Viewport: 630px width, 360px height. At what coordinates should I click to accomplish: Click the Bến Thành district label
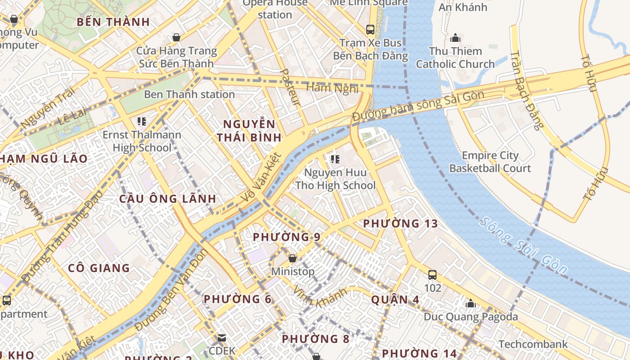point(113,22)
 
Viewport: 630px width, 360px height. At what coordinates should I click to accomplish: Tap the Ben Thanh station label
point(189,94)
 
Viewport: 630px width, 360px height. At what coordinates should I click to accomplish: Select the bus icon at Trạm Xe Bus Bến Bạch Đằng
point(370,30)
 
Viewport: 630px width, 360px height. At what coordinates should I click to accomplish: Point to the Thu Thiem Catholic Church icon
point(455,38)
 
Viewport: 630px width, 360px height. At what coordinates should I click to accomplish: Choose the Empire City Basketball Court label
point(490,162)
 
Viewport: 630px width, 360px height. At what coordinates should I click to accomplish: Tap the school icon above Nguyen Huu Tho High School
point(335,159)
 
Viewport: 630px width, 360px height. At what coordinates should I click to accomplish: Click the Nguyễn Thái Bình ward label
point(249,130)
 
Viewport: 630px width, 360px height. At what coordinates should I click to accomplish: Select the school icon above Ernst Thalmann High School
point(142,121)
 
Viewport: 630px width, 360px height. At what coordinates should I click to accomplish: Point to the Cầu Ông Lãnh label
point(167,199)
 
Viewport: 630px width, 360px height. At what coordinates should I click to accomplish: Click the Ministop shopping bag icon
point(292,258)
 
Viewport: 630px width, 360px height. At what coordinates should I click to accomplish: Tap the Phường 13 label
point(400,224)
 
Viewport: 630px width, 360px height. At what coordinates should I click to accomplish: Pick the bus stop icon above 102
point(432,274)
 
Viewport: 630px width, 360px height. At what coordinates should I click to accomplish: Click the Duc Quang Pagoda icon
point(471,304)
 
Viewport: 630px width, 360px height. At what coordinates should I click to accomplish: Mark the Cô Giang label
point(99,268)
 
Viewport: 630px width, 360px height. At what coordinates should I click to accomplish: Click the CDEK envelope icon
point(222,337)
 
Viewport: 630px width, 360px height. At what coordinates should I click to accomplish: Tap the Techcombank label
point(533,345)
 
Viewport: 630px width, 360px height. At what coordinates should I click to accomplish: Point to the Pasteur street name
point(289,87)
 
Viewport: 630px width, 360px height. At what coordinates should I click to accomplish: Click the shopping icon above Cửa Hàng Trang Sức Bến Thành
point(176,37)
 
